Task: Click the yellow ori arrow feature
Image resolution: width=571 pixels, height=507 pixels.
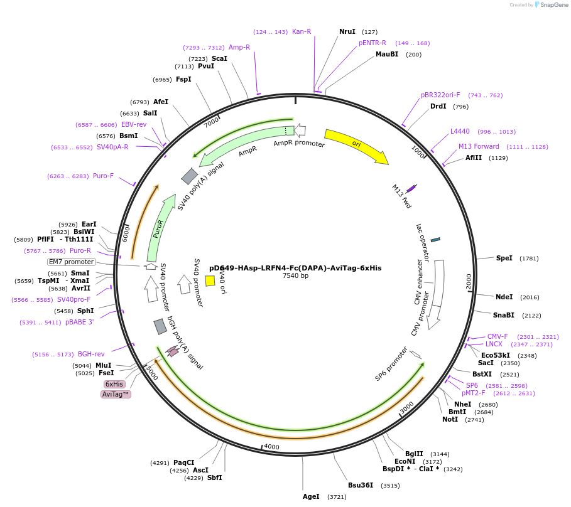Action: (x=356, y=145)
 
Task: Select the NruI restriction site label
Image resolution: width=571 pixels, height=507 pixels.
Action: (x=347, y=31)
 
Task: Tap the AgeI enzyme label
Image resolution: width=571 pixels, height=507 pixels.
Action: (x=312, y=496)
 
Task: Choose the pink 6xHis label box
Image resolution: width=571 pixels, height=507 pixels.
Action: (x=114, y=384)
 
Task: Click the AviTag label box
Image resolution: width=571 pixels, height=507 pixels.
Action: (x=116, y=394)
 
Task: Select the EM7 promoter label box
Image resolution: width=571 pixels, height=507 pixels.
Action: (x=72, y=262)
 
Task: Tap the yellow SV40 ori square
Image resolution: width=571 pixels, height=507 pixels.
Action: (x=210, y=280)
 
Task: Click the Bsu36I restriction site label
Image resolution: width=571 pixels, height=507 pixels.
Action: (x=361, y=484)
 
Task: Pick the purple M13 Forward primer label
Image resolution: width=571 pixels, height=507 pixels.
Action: (x=479, y=146)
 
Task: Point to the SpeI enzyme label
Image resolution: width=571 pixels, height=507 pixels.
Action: (x=504, y=258)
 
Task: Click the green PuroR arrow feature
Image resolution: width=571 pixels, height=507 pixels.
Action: (x=160, y=228)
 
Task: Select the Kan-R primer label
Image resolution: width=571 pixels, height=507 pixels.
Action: (x=302, y=31)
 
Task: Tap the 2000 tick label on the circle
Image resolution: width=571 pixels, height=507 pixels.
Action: (x=469, y=282)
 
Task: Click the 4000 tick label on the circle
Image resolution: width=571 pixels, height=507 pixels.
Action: (x=271, y=446)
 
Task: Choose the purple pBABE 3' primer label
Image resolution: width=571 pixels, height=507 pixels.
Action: (x=79, y=322)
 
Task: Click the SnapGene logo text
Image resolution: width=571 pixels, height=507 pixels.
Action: (x=553, y=5)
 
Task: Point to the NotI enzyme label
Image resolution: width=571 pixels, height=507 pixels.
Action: (x=450, y=419)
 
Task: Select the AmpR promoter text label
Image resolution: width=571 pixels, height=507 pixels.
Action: (x=299, y=144)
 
